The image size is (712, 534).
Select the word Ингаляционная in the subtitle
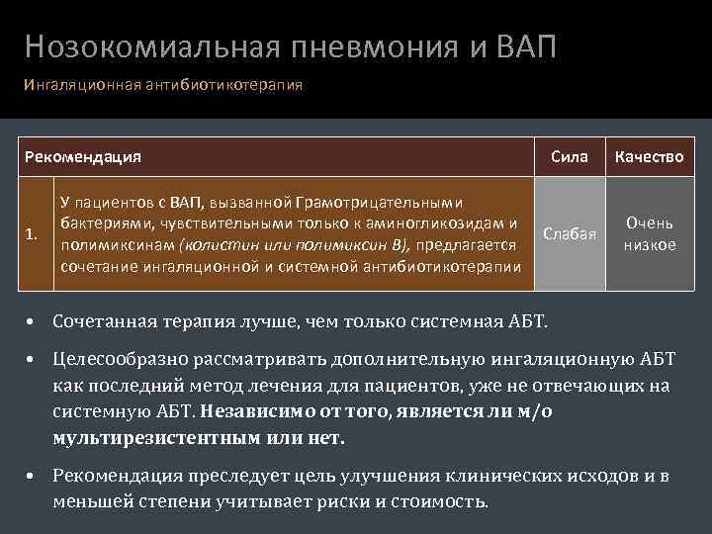click(75, 85)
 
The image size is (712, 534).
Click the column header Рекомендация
click(83, 156)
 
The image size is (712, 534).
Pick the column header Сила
click(569, 156)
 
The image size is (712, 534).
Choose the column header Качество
click(650, 156)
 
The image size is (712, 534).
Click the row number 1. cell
click(33, 234)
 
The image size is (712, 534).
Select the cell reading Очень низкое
click(650, 234)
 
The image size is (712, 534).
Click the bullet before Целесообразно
click(33, 360)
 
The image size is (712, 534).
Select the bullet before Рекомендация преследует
click(33, 477)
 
